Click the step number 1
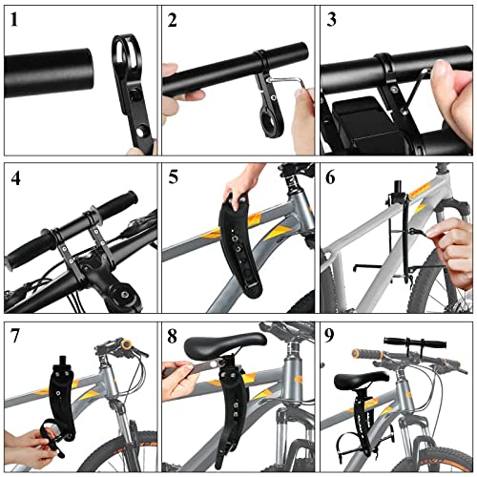pyautogui.click(x=14, y=20)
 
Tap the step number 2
pyautogui.click(x=172, y=20)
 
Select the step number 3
pyautogui.click(x=331, y=20)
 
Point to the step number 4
pyautogui.click(x=15, y=178)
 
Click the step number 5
pyautogui.click(x=173, y=176)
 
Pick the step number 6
pyautogui.click(x=330, y=176)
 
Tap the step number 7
pyautogui.click(x=15, y=336)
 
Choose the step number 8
pyautogui.click(x=172, y=337)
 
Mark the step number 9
pyautogui.click(x=330, y=336)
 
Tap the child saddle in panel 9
pyautogui.click(x=362, y=380)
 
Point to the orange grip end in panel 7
pyautogui.click(x=127, y=344)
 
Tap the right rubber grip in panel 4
pyautogui.click(x=118, y=203)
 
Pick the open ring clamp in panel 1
pyautogui.click(x=127, y=55)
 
